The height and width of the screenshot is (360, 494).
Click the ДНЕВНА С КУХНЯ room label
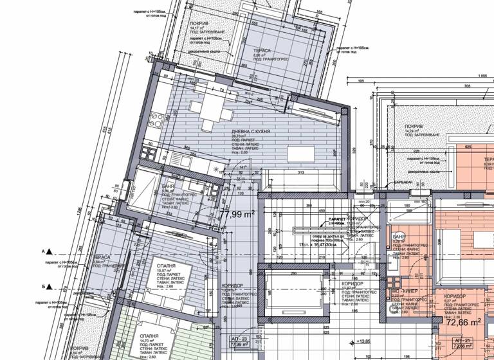point(251,130)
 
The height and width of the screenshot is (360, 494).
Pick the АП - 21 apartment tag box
point(464,342)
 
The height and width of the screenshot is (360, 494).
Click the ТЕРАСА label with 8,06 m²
point(261,50)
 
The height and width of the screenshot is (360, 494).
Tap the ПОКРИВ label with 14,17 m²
point(196,24)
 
